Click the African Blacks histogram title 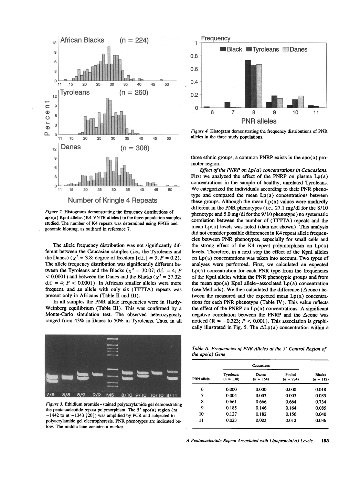[82, 40]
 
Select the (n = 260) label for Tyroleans [134, 93]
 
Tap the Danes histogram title [71, 147]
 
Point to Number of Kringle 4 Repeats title [112, 200]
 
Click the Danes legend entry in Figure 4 [295, 50]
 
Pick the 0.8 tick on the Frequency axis [194, 56]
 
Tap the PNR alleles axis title [258, 121]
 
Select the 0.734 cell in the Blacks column [320, 402]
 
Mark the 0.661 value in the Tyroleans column [231, 402]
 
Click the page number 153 [325, 441]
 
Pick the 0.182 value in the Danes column [261, 414]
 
